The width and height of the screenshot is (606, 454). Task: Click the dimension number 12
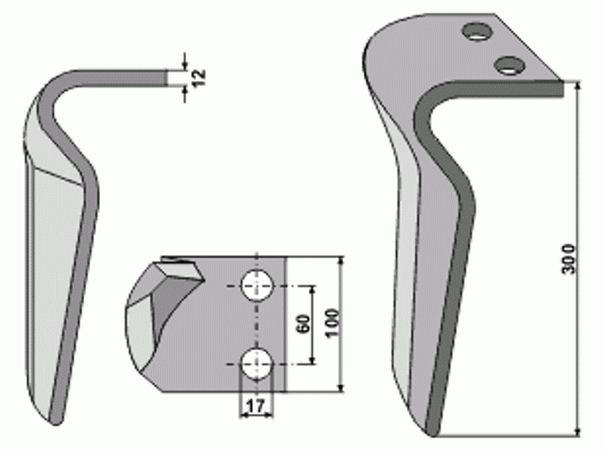pyautogui.click(x=198, y=79)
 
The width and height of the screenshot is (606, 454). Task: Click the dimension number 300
pyautogui.click(x=568, y=259)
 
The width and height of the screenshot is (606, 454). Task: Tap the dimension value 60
pyautogui.click(x=304, y=324)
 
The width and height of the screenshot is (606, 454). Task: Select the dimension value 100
pyautogui.click(x=332, y=323)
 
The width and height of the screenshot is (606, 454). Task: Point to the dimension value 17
pyautogui.click(x=256, y=406)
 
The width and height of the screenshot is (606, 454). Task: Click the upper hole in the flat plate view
pyautogui.click(x=257, y=286)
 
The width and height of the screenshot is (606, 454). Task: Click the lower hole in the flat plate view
pyautogui.click(x=257, y=364)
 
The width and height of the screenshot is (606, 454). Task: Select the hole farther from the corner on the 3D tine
pyautogui.click(x=479, y=31)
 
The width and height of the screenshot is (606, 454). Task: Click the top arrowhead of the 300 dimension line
pyautogui.click(x=578, y=86)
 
